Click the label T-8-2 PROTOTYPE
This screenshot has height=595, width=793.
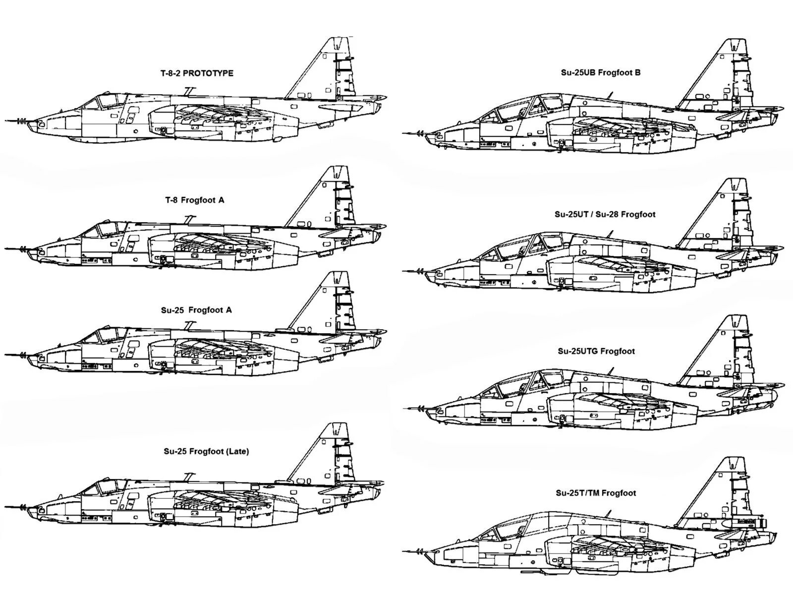coord(197,73)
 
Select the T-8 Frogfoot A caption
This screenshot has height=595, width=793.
coord(195,200)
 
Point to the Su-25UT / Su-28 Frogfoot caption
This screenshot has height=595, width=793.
coord(605,215)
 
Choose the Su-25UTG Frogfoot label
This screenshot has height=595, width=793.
coord(596,351)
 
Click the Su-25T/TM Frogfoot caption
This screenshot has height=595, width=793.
coord(596,493)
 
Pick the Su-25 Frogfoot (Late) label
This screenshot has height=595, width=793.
coord(206,452)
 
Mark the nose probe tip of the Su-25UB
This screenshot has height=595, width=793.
coord(404,133)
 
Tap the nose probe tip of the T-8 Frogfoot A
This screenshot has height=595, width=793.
coord(6,247)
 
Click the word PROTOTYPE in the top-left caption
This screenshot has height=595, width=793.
coord(210,73)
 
